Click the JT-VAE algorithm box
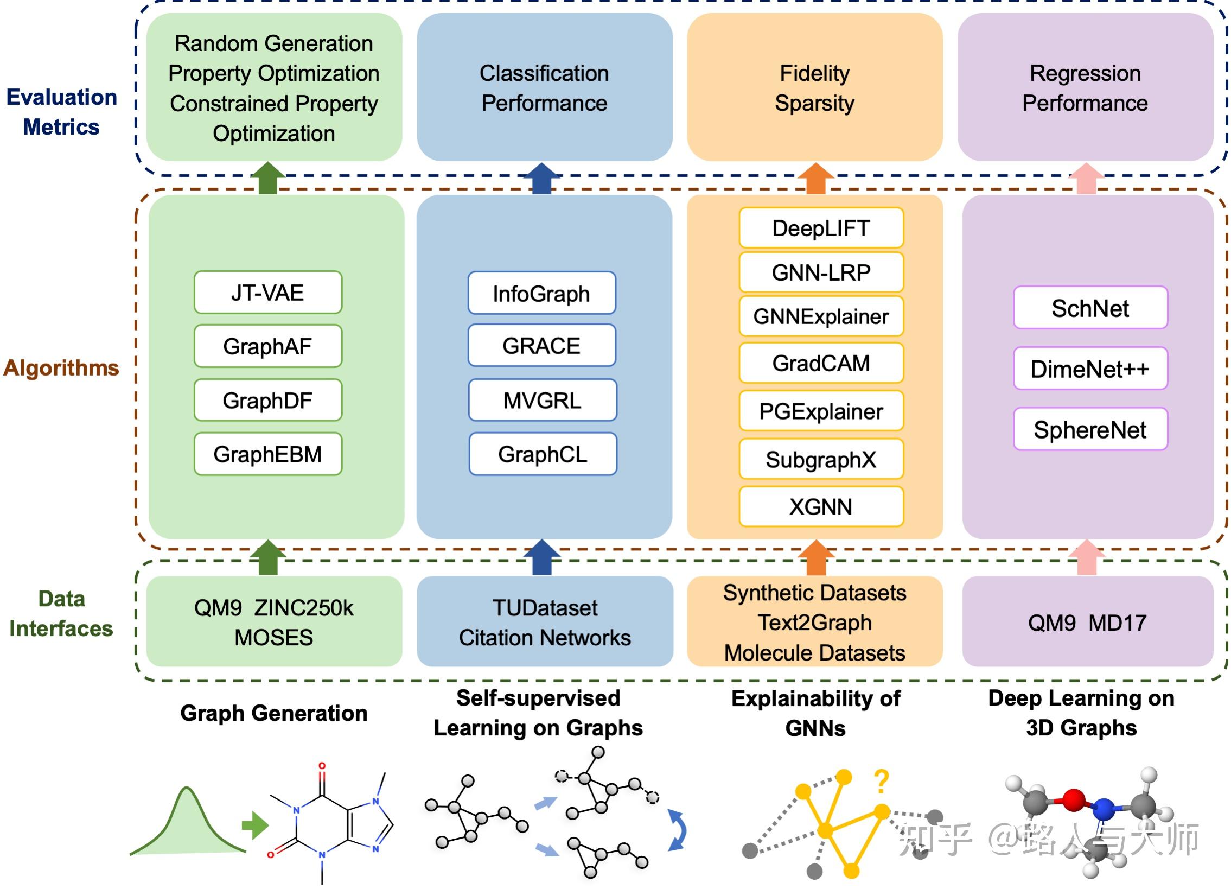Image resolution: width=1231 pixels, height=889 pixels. (268, 292)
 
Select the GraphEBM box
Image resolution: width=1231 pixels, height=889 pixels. (268, 454)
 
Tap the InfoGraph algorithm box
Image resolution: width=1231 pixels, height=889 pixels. (541, 293)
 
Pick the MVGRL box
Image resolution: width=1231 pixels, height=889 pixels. (543, 400)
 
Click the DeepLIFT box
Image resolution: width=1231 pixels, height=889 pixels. (821, 228)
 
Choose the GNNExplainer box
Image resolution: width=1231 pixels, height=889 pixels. (821, 316)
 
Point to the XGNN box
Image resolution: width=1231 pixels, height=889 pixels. (821, 507)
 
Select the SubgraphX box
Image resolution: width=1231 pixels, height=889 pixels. (821, 460)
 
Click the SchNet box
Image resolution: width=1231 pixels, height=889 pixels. (1090, 308)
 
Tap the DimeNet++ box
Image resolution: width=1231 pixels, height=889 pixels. (1090, 369)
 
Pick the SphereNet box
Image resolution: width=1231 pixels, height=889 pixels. (1090, 429)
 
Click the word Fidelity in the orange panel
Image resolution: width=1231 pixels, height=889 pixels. (815, 73)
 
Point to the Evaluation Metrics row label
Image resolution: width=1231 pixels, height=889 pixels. (61, 112)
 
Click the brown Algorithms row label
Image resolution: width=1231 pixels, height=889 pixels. (61, 368)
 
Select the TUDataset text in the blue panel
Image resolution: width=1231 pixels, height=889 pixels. (545, 608)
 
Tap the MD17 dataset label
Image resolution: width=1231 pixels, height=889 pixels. (1118, 623)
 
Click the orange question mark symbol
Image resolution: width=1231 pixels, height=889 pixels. (882, 783)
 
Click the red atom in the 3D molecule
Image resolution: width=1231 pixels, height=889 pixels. (1073, 800)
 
